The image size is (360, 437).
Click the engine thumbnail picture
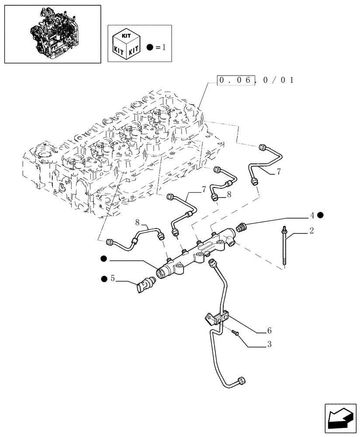[x=52, y=34]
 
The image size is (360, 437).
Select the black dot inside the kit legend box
[x=151, y=47]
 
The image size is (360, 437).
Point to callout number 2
[x=311, y=231]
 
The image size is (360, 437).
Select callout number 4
[x=312, y=215]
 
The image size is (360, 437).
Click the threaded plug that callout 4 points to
[x=241, y=227]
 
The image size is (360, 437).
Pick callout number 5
[x=112, y=278]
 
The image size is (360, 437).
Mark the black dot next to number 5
[x=104, y=278]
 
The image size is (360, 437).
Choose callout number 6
[x=269, y=331]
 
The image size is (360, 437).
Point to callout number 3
[x=269, y=345]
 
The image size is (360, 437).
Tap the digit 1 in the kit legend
[x=164, y=47]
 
